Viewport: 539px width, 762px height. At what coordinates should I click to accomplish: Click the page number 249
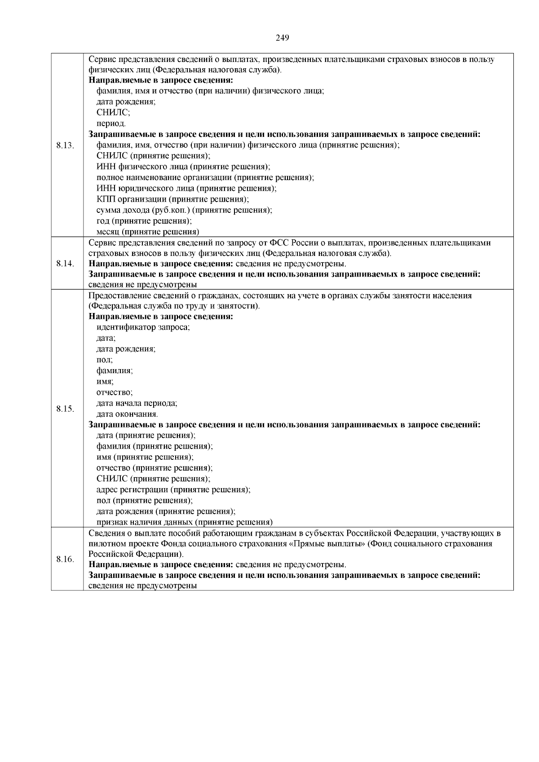(282, 38)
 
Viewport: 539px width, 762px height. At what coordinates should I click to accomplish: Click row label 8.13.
(65, 145)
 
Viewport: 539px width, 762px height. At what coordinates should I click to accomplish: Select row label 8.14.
(65, 263)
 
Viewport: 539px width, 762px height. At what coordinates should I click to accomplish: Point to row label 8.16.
(65, 559)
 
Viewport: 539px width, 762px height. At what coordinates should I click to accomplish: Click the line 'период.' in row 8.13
(111, 123)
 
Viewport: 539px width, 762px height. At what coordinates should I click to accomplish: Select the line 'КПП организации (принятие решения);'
(172, 199)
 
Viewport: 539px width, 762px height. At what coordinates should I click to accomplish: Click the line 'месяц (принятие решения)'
(148, 232)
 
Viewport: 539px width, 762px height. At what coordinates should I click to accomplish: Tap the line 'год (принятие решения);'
(144, 221)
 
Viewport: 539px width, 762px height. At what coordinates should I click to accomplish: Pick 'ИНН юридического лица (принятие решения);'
(186, 189)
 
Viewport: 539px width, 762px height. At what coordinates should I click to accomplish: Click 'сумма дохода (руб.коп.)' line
(184, 210)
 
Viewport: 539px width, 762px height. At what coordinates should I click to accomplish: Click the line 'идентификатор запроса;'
(143, 327)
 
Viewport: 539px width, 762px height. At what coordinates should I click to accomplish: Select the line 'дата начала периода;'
(137, 403)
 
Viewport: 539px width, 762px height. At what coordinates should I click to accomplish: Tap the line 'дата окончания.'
(127, 414)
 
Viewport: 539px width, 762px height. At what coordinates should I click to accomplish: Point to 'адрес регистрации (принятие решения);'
(173, 489)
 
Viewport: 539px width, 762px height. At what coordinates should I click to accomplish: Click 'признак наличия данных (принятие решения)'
(185, 522)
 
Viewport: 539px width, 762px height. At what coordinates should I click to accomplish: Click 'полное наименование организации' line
(205, 178)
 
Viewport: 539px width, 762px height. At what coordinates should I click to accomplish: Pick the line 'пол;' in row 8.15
(105, 360)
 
